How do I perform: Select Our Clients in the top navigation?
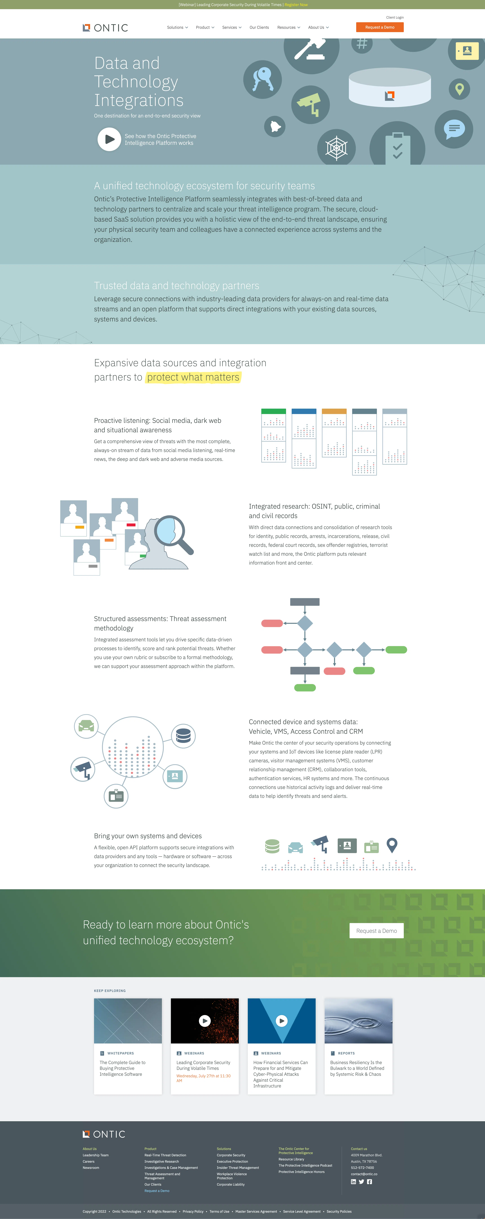[x=259, y=27]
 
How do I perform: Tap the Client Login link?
[x=395, y=17]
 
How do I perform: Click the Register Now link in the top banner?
[x=296, y=5]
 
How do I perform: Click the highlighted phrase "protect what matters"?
[x=193, y=377]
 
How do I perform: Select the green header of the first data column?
[x=274, y=411]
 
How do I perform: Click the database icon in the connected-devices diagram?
[x=183, y=736]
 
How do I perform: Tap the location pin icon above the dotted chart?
[x=392, y=845]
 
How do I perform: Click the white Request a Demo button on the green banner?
[x=377, y=931]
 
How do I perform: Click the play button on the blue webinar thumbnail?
[x=282, y=1021]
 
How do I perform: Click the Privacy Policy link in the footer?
[x=193, y=1211]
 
